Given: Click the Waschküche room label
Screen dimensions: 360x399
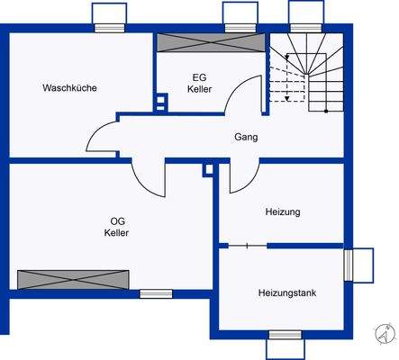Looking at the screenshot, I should coord(69,88).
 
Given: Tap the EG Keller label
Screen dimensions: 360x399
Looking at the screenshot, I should coord(200,84).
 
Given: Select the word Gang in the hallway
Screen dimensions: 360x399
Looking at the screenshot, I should coord(246,138).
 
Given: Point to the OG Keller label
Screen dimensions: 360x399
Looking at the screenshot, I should coord(117,227).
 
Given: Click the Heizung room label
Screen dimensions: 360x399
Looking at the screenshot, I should coord(283,212).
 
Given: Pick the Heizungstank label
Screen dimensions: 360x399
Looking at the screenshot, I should coord(286,292).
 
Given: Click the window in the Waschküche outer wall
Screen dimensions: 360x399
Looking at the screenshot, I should coord(110,15).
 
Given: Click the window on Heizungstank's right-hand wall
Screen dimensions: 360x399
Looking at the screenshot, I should coord(359,265).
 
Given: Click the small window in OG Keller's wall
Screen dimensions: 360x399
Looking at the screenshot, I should coord(156,293).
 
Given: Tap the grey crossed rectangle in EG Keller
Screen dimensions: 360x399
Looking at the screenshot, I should coord(210,43).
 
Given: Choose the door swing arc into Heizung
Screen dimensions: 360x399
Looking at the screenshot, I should coord(243,177).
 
